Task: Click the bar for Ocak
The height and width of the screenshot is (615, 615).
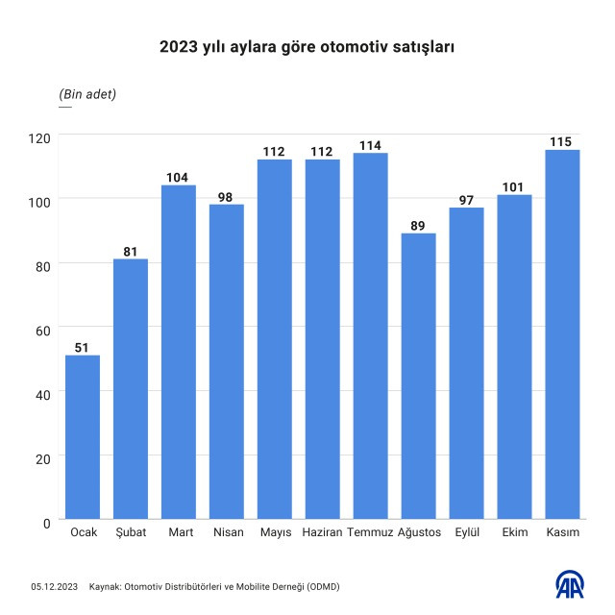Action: [83, 438]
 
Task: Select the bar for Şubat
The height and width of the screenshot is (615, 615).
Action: [131, 390]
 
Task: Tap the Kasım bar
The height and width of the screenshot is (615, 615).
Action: [562, 335]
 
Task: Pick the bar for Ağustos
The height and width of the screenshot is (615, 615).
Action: [418, 377]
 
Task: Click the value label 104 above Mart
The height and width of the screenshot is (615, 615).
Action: [179, 177]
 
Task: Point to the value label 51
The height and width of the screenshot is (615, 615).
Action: [83, 348]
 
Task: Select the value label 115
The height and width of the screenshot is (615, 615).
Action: [562, 141]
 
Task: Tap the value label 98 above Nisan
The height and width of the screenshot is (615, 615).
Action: [227, 196]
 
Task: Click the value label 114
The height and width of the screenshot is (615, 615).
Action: [370, 145]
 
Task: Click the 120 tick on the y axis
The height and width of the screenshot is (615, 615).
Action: [37, 136]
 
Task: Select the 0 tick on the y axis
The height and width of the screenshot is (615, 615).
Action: [45, 522]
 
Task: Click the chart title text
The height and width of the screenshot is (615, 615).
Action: [307, 45]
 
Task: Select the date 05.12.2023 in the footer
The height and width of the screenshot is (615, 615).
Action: [53, 586]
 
